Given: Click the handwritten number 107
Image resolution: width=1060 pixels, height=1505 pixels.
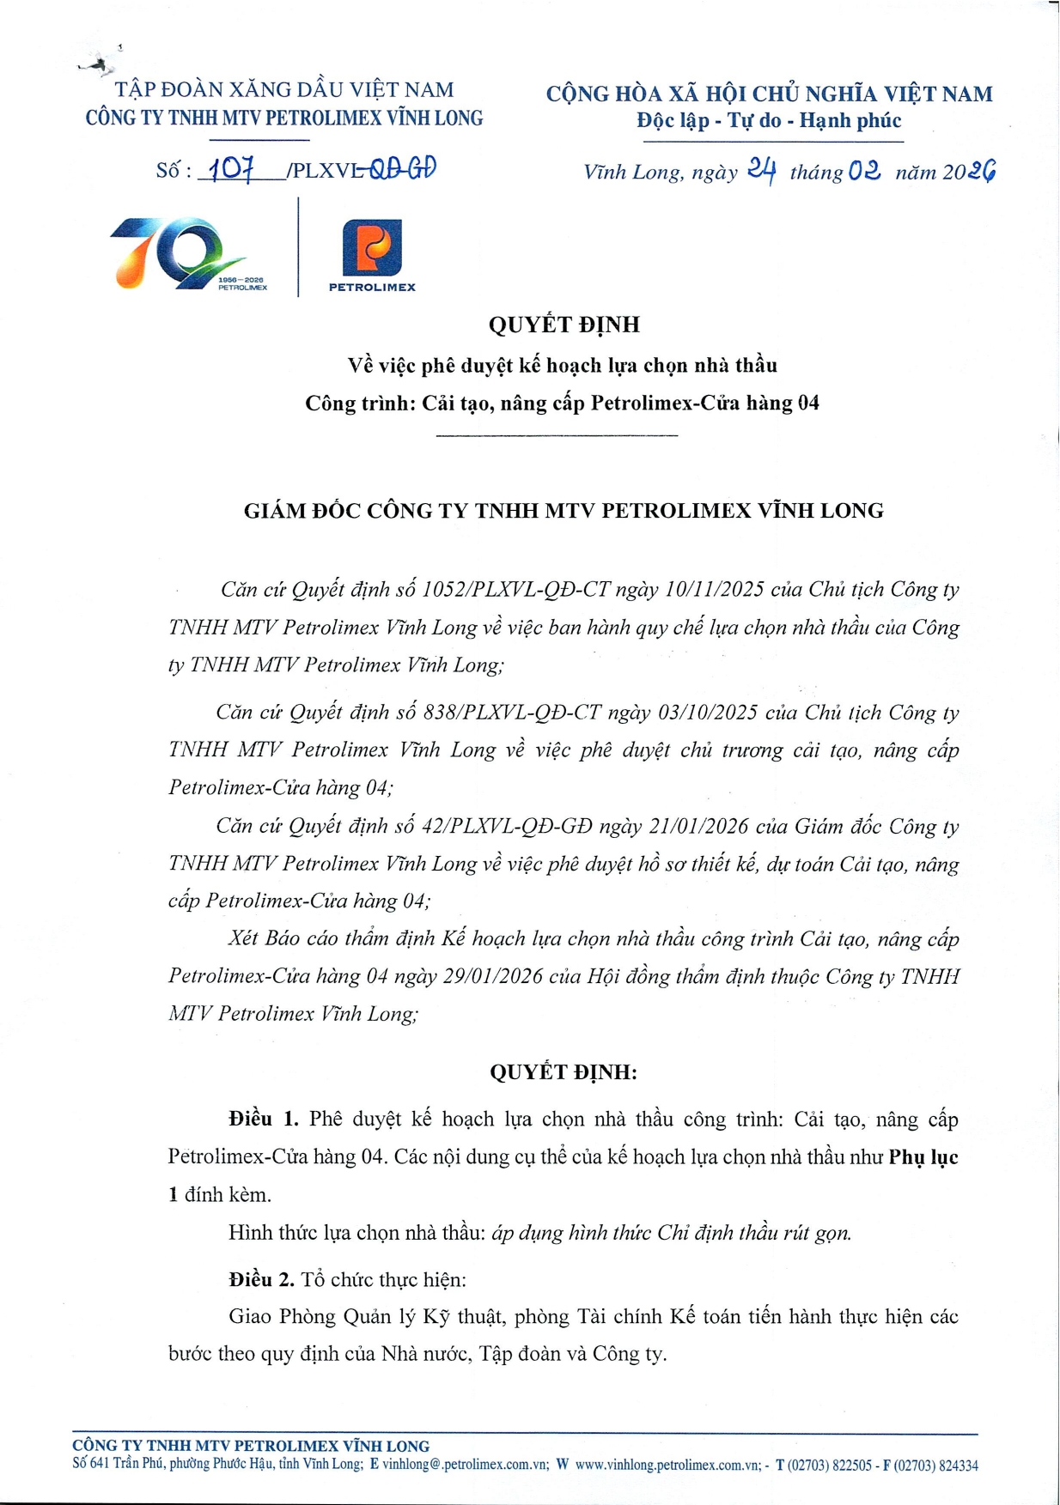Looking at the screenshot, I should click(230, 168).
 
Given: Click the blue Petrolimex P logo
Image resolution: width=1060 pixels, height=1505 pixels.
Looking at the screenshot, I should click(372, 247).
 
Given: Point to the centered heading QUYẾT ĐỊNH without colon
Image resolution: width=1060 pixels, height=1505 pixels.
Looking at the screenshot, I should click(564, 325).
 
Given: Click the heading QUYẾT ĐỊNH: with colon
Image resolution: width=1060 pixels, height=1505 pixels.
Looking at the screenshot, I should click(564, 1071).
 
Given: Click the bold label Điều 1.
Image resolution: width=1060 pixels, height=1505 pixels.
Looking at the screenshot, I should click(263, 1119).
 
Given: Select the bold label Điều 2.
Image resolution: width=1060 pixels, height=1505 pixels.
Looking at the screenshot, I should click(261, 1279).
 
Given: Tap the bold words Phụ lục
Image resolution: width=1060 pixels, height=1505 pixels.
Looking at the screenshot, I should click(923, 1156).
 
